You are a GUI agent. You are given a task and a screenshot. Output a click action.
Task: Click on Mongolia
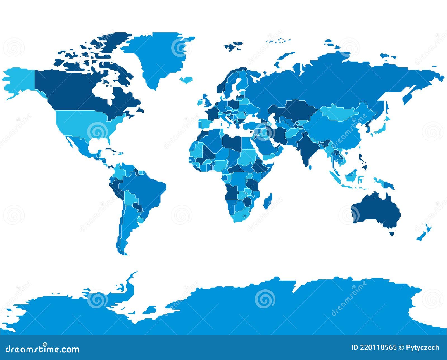click(341, 113)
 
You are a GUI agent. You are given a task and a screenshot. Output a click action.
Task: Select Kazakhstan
click(296, 110)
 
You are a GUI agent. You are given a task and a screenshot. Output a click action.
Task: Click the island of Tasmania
click(391, 233)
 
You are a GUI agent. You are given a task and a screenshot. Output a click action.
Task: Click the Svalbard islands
click(233, 46)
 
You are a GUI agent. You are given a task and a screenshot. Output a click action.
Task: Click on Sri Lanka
click(310, 167)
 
